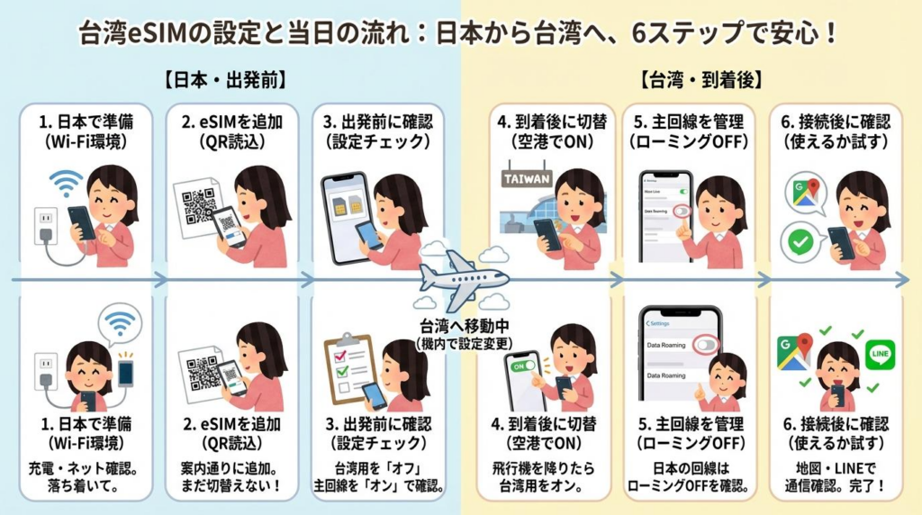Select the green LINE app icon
tap(879, 354)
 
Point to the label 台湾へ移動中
tap(462, 326)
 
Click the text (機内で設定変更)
tap(462, 343)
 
